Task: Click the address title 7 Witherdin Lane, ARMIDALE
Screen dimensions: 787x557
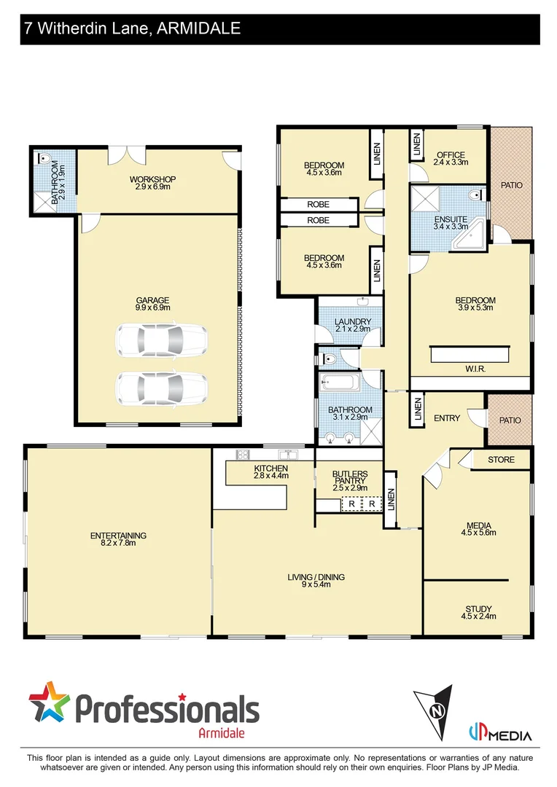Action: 132,29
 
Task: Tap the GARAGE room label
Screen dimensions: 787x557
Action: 152,304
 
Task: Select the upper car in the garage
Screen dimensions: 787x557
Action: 162,340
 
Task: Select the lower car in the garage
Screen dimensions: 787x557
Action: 162,388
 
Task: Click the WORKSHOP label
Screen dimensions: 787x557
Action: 152,183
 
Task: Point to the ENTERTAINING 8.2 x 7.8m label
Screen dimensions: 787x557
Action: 118,539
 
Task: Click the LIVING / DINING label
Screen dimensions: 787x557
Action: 316,581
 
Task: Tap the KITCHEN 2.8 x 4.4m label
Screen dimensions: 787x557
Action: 270,471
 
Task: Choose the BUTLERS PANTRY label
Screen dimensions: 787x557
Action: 349,481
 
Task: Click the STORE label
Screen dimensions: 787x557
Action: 501,460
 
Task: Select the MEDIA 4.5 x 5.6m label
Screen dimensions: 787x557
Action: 478,528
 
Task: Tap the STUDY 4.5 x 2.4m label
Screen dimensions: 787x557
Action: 478,612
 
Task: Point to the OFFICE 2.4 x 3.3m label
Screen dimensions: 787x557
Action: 451,159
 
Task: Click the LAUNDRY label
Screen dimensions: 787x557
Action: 353,325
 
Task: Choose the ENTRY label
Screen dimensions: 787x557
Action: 446,418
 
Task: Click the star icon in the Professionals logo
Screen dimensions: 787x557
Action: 49,704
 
